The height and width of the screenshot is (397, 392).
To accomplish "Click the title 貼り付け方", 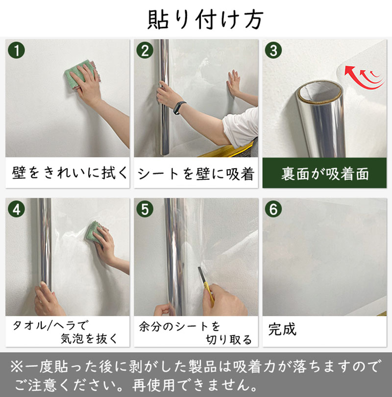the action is point(205,20).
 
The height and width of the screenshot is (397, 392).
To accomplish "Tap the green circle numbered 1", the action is point(17,50).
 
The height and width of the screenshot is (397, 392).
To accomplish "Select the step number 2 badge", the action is point(145,50).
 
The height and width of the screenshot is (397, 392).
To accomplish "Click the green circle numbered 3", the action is point(273,50).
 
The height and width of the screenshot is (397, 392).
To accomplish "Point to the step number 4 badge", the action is point(17,209).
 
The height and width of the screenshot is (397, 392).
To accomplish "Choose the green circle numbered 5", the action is point(145,209).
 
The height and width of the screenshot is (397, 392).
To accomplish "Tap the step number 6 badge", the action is point(273,209).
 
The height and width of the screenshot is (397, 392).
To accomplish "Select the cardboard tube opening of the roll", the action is point(320,92).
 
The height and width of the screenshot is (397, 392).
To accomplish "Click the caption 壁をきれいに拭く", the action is point(69,173).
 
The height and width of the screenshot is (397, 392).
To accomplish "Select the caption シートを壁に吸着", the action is point(196,174).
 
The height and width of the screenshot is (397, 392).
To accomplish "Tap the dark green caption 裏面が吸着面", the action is point(325,174).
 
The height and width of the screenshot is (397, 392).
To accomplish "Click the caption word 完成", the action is point(282,329).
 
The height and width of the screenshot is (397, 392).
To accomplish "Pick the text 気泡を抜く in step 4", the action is point(89,338).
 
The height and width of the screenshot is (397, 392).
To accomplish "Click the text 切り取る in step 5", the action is point(229,340).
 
